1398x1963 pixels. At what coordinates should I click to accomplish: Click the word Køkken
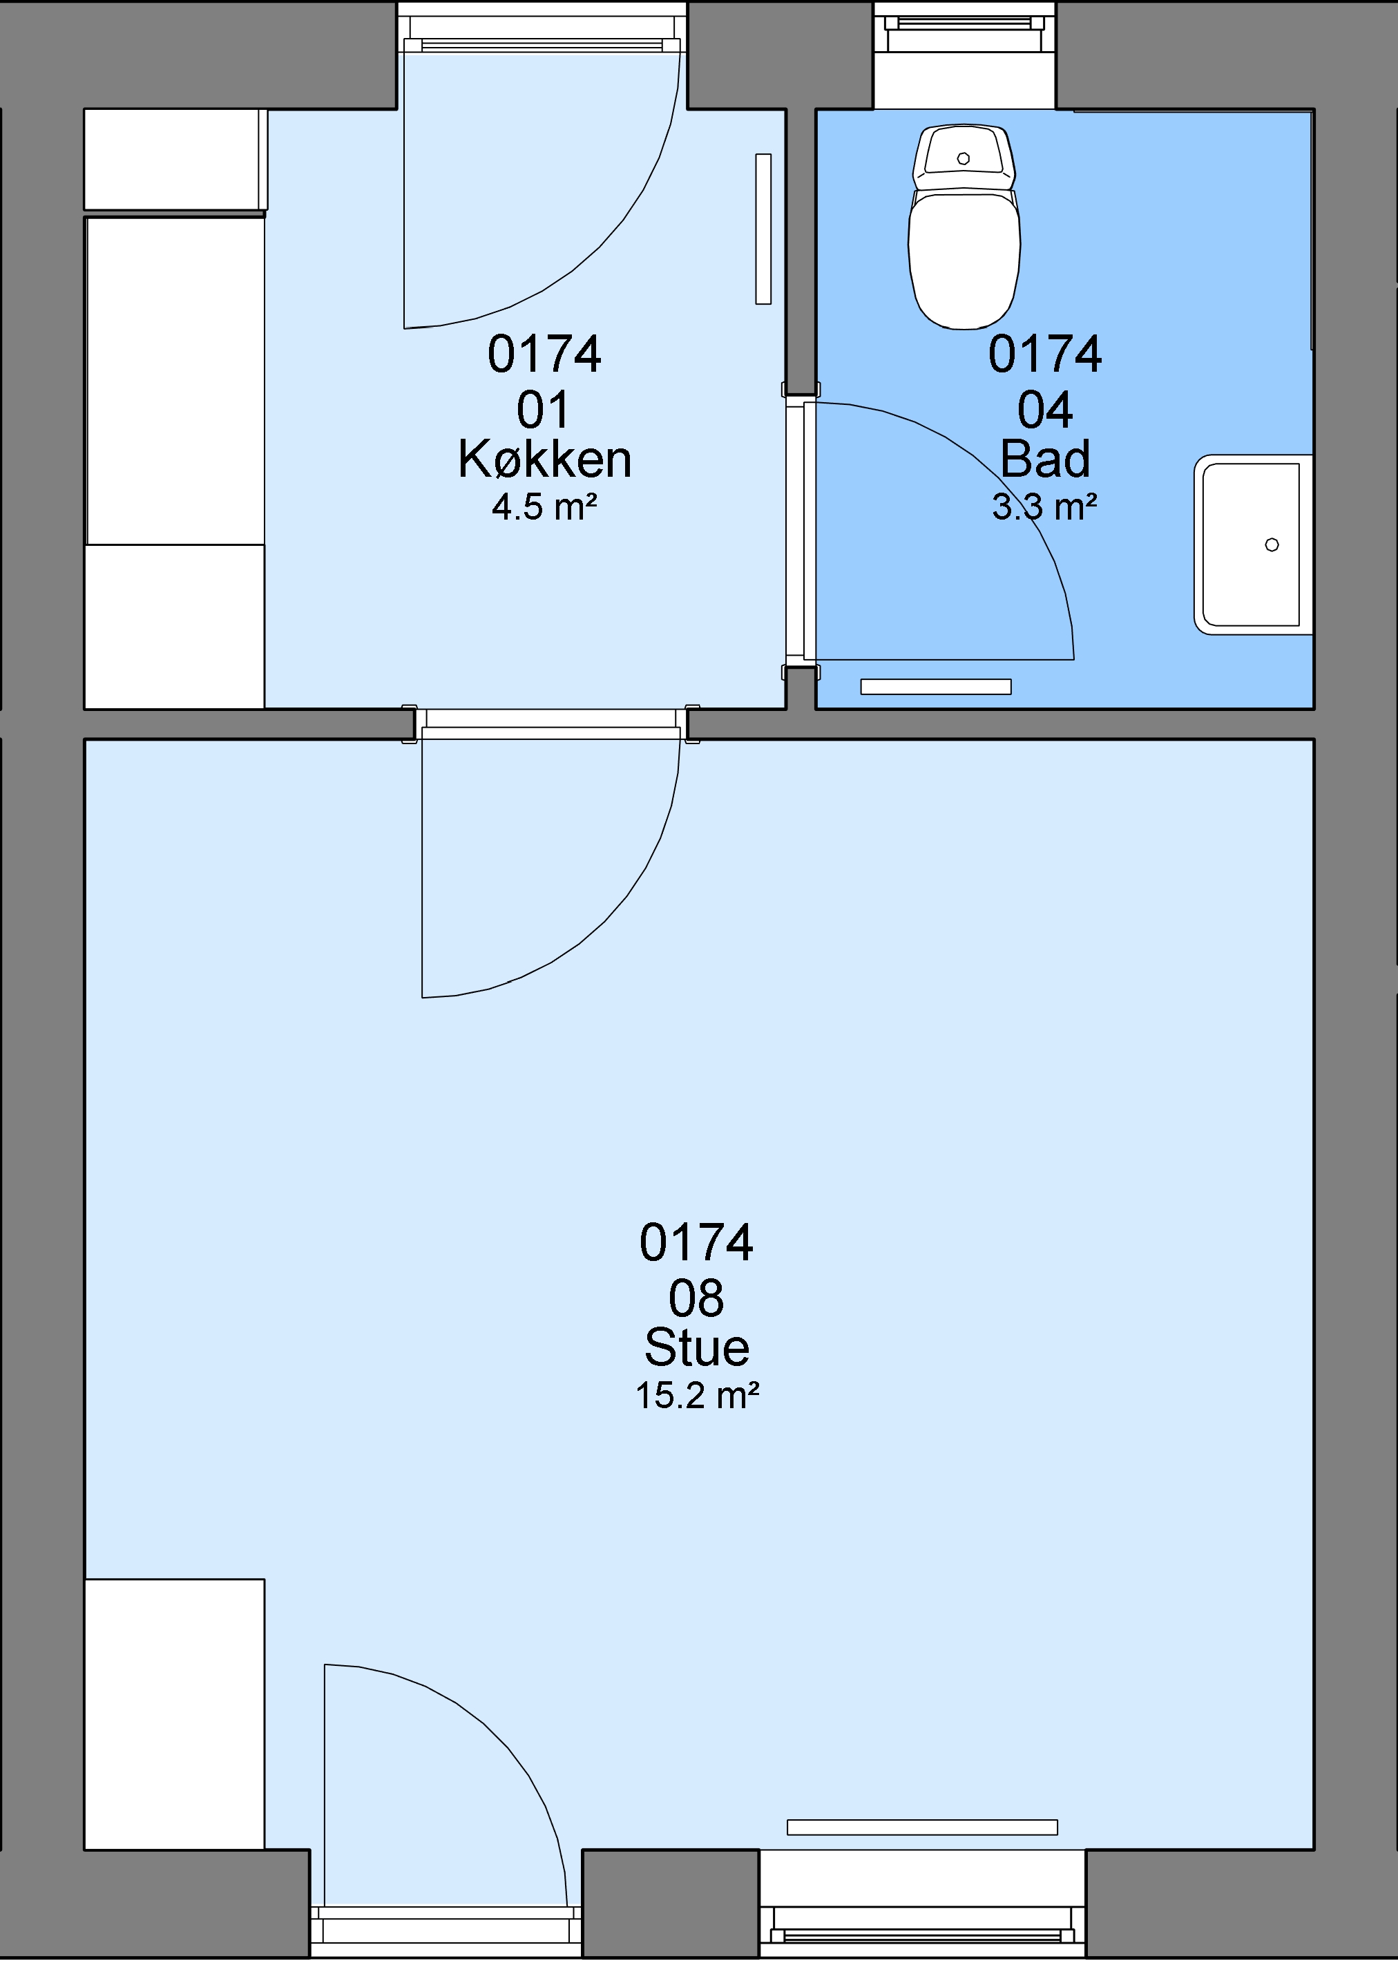[545, 459]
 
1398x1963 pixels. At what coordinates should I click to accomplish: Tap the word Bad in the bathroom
[1045, 459]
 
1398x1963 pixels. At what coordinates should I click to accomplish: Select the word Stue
[698, 1347]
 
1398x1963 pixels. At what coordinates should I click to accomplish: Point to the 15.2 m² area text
[698, 1396]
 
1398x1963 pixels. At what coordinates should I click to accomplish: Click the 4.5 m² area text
[545, 507]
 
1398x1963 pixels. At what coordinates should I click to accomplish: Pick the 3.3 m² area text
[1045, 507]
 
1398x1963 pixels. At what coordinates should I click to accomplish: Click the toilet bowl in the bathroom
[964, 258]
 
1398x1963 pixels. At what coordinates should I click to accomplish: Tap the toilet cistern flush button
[964, 158]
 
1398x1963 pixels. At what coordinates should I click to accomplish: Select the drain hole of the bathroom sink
[1272, 544]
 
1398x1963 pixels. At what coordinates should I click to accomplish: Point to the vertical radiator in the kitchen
[763, 229]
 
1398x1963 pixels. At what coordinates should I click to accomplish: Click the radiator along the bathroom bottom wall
[936, 686]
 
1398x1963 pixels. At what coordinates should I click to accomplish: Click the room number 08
[698, 1298]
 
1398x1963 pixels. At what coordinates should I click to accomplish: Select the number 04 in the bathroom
[1045, 410]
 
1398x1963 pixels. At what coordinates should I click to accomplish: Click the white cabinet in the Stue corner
[174, 1714]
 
